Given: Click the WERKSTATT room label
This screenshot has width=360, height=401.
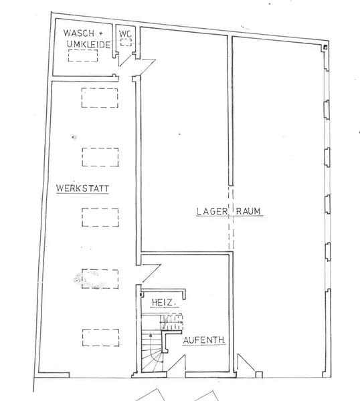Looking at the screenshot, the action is pyautogui.click(x=82, y=188).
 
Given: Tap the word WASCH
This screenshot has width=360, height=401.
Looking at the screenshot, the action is pyautogui.click(x=79, y=33).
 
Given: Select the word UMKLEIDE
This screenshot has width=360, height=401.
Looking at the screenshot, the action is pyautogui.click(x=88, y=45).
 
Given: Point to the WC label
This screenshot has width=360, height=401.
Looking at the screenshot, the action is pyautogui.click(x=125, y=33).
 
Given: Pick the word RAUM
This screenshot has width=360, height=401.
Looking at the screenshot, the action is pyautogui.click(x=248, y=211).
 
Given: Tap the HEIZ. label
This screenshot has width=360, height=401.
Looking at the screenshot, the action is pyautogui.click(x=163, y=303).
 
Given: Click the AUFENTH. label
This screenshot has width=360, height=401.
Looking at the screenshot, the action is pyautogui.click(x=204, y=340).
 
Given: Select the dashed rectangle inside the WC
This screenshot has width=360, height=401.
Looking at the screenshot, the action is pyautogui.click(x=126, y=42).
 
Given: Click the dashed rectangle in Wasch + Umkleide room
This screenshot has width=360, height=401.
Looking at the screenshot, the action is pyautogui.click(x=83, y=55).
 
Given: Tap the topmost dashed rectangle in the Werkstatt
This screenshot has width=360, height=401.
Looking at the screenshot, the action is pyautogui.click(x=100, y=98).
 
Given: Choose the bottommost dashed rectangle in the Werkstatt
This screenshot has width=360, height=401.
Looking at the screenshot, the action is pyautogui.click(x=100, y=338).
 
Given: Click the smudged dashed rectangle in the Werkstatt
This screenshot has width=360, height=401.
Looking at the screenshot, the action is pyautogui.click(x=100, y=279).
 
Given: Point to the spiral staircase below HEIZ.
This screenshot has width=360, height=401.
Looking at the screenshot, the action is pyautogui.click(x=153, y=351).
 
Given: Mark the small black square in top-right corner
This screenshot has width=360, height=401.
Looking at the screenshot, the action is pyautogui.click(x=325, y=47).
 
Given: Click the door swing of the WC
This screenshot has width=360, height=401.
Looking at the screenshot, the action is pyautogui.click(x=125, y=60).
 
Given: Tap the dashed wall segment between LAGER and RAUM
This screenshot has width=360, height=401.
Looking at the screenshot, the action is pyautogui.click(x=231, y=218).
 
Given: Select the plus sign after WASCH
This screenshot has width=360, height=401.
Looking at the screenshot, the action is pyautogui.click(x=100, y=33).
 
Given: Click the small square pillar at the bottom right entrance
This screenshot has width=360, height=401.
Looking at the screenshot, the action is pyautogui.click(x=259, y=375).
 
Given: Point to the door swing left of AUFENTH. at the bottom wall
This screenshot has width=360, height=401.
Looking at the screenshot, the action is pyautogui.click(x=177, y=362).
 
